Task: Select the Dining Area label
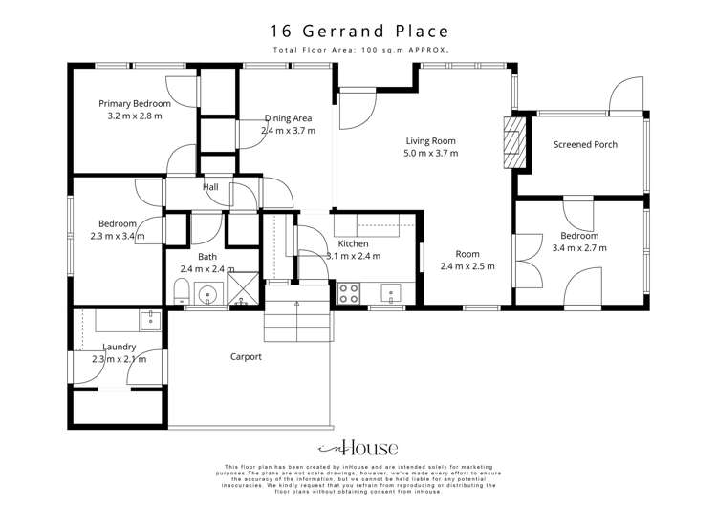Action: click(x=287, y=119)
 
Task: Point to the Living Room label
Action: click(x=430, y=140)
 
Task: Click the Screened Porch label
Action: click(x=585, y=145)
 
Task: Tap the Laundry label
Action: click(x=119, y=347)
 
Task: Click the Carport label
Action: click(x=246, y=357)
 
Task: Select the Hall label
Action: click(x=210, y=187)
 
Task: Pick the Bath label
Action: click(x=207, y=257)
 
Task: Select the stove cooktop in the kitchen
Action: click(x=348, y=293)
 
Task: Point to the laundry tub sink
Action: click(x=149, y=318)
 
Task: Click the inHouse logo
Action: click(x=358, y=448)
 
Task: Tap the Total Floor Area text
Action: click(x=358, y=49)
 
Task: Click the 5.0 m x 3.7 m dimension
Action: click(x=430, y=153)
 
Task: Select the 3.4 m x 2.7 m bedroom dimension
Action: click(x=579, y=248)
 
